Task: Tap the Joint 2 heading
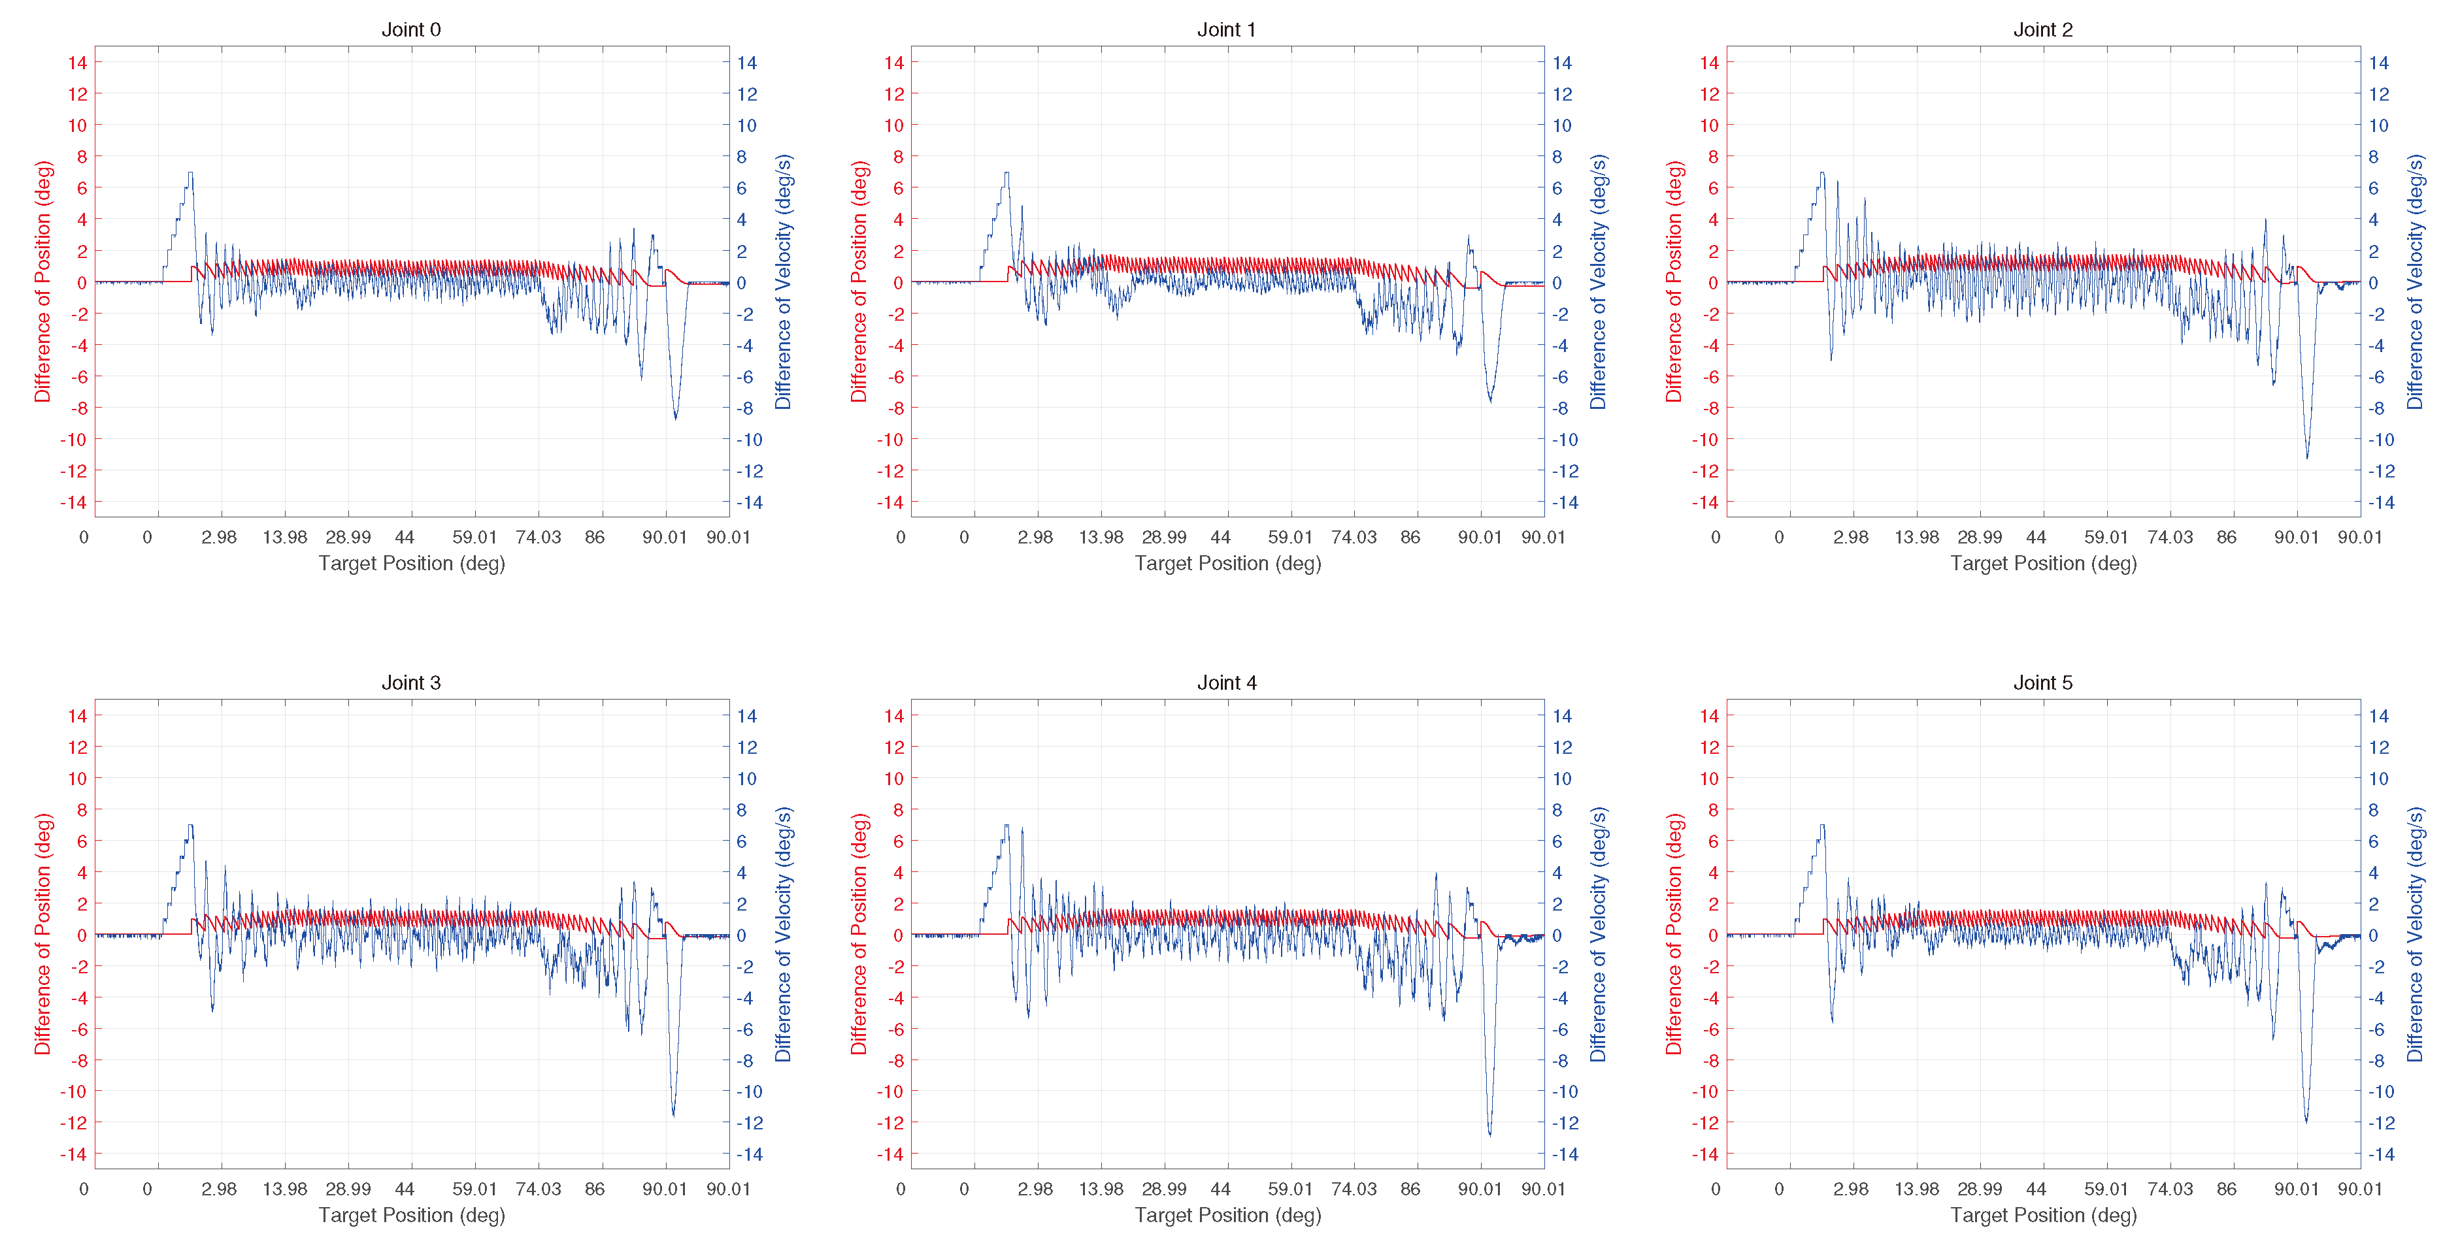pos(2042,29)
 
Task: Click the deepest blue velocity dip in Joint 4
pos(1489,1133)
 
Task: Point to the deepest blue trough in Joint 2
pos(2307,457)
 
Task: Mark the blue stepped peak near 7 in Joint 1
pos(1006,174)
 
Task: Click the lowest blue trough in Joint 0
pos(675,417)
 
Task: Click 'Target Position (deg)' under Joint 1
pos(1227,563)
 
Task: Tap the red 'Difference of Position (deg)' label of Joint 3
pos(42,934)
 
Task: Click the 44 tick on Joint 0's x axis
pos(405,536)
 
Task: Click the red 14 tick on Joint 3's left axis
pos(77,715)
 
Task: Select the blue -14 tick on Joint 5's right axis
pos(2381,1154)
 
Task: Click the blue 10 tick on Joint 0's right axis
pos(746,125)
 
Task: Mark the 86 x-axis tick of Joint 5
pos(2226,1189)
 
